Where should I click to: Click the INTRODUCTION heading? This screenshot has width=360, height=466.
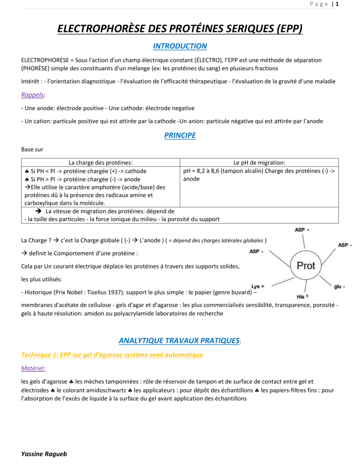click(180, 46)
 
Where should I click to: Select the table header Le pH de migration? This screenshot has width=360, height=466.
click(261, 163)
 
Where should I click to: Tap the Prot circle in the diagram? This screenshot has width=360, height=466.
click(306, 266)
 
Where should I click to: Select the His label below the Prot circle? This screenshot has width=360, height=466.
click(303, 296)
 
